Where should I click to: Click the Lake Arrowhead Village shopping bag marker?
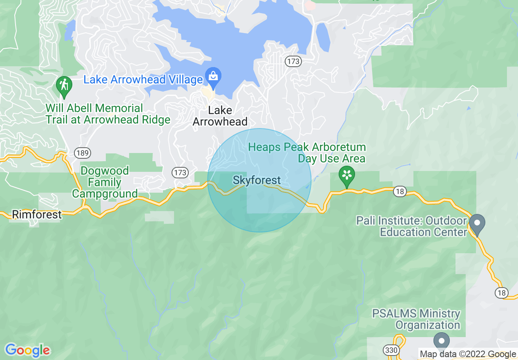click(213, 76)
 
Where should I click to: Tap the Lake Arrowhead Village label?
click(143, 79)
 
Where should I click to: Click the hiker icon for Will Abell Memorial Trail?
click(64, 85)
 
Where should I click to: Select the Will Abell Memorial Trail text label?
click(108, 114)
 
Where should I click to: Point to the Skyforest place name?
click(257, 180)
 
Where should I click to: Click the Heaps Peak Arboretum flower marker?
click(346, 176)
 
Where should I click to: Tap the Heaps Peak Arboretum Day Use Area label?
click(307, 153)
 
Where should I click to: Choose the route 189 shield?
click(83, 153)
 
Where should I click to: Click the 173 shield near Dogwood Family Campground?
click(180, 172)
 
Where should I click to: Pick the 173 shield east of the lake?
click(293, 61)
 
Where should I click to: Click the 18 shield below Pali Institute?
click(502, 292)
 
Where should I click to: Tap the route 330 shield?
click(391, 350)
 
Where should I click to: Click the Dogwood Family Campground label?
click(105, 182)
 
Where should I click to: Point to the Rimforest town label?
click(37, 214)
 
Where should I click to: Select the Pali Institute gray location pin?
click(477, 224)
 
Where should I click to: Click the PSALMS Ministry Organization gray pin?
click(441, 340)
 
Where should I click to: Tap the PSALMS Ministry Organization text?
click(416, 319)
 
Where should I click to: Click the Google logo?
click(27, 350)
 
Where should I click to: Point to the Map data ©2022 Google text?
click(468, 354)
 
